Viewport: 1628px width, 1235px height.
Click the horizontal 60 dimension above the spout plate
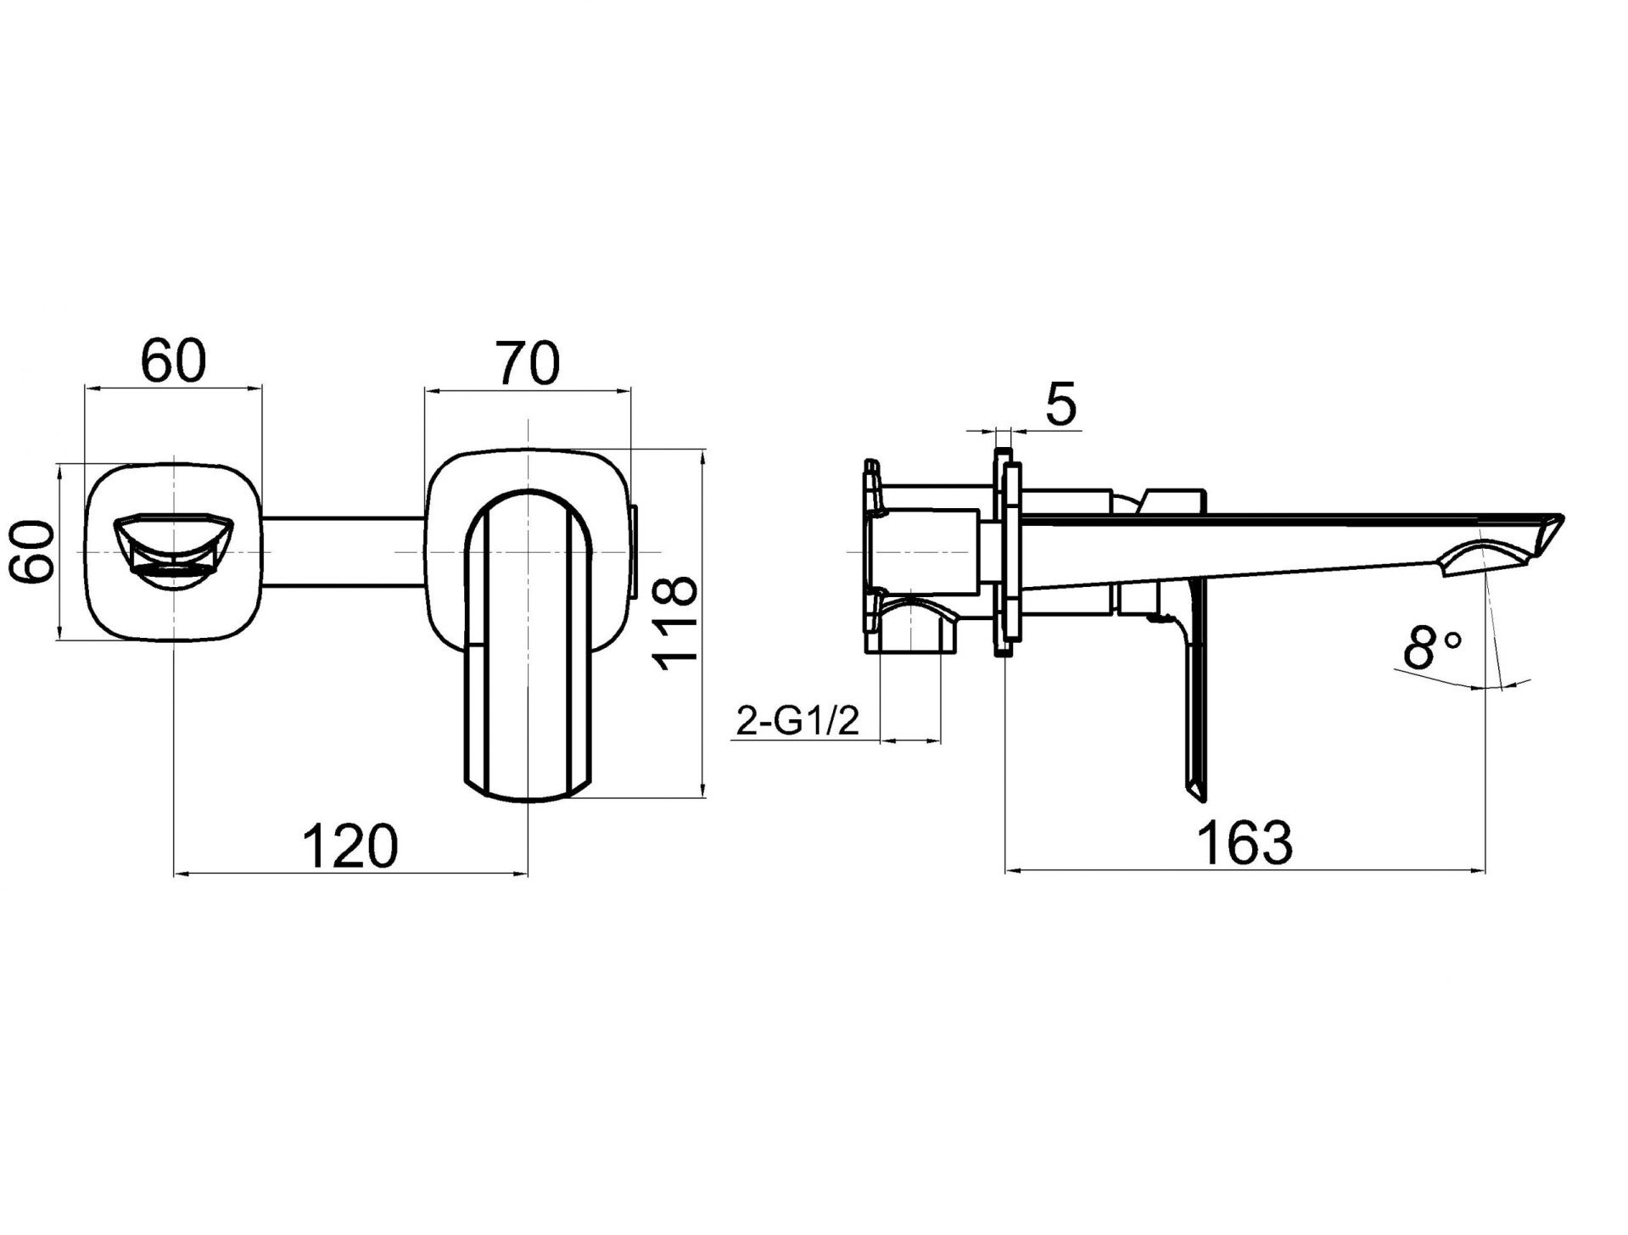pos(174,362)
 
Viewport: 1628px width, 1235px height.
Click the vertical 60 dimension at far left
pos(32,552)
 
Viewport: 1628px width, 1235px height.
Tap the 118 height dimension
pos(677,623)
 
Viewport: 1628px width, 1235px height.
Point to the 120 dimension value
pos(350,846)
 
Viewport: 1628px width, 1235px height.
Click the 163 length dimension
pos(1245,842)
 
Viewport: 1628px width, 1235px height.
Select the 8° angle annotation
pos(1432,649)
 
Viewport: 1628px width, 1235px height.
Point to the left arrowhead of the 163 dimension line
pos(1012,869)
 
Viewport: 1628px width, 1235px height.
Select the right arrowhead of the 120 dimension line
pos(519,873)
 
